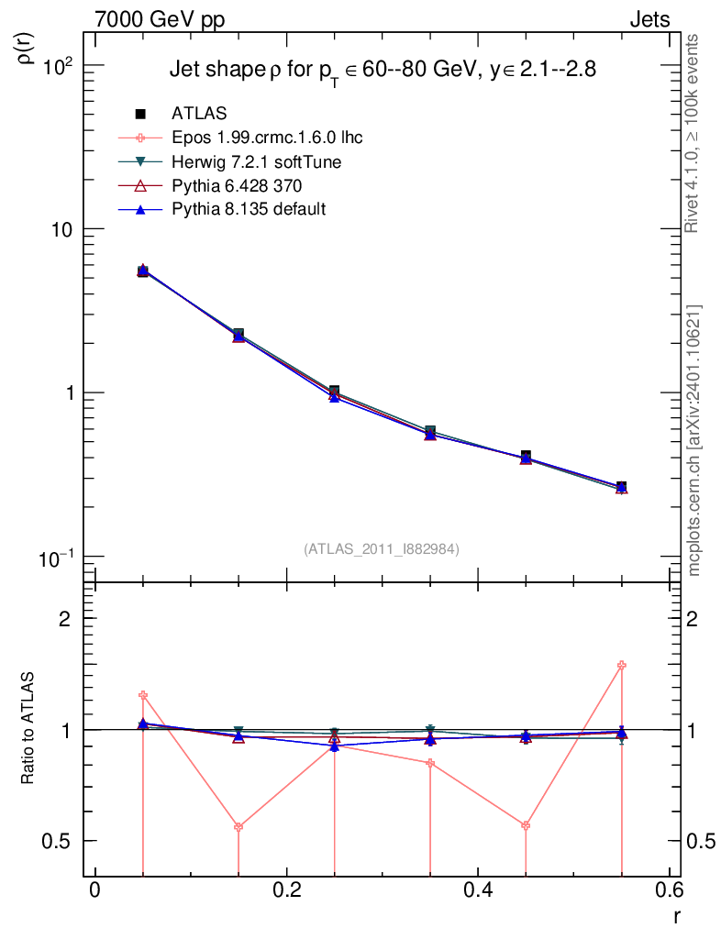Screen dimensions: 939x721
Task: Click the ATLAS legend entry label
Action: [x=199, y=114]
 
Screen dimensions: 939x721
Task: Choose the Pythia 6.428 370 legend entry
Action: [x=237, y=185]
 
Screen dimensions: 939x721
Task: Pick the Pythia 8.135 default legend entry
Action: [x=249, y=209]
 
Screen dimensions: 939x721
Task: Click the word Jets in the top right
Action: [x=649, y=20]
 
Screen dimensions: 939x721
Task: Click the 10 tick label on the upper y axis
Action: [x=61, y=229]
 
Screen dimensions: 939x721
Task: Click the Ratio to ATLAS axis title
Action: [x=28, y=729]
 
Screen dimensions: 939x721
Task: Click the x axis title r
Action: [x=676, y=915]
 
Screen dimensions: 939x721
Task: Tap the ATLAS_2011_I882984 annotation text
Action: [x=382, y=548]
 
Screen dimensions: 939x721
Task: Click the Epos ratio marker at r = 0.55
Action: [x=622, y=665]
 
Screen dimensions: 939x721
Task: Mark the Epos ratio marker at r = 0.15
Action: [x=238, y=827]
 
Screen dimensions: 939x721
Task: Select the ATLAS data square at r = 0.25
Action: [x=334, y=392]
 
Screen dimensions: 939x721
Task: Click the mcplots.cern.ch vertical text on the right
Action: [x=694, y=440]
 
